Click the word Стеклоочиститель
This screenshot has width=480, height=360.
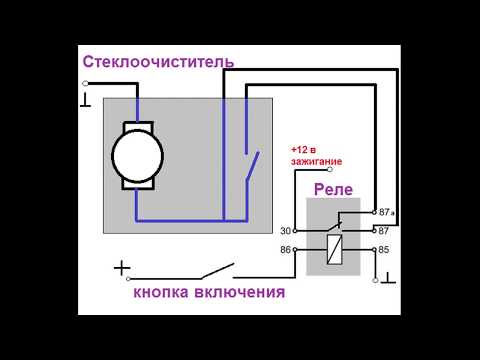pyautogui.click(x=158, y=62)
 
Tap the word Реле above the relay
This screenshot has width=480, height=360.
pyautogui.click(x=334, y=189)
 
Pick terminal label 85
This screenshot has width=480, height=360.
pyautogui.click(x=385, y=249)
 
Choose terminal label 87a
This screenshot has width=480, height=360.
pyautogui.click(x=387, y=213)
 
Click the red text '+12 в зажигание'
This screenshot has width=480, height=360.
pyautogui.click(x=316, y=155)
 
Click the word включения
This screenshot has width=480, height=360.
pyautogui.click(x=241, y=294)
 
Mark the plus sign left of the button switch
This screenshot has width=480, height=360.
pyautogui.click(x=122, y=268)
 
